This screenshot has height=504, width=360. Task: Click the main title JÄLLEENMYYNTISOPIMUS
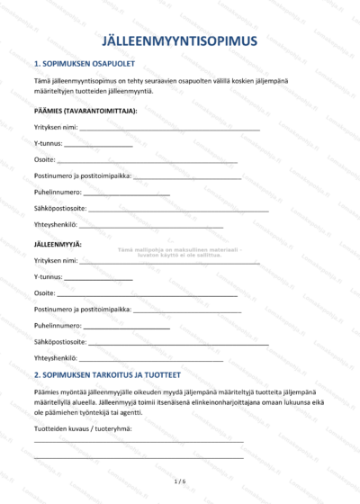180,40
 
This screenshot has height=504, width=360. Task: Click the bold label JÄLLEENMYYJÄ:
58,244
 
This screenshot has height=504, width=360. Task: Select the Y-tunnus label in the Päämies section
48,143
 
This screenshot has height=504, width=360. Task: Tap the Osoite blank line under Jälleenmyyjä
148,295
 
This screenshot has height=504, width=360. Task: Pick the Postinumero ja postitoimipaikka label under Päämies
82,176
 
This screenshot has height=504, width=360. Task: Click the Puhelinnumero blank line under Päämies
126,194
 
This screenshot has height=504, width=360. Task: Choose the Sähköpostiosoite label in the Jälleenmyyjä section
60,342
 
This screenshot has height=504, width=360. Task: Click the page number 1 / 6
180,481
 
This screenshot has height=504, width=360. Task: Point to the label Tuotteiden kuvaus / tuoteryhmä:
83,427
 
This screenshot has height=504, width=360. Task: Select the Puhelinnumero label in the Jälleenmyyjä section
58,326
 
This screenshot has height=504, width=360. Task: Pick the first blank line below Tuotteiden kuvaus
139,442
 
